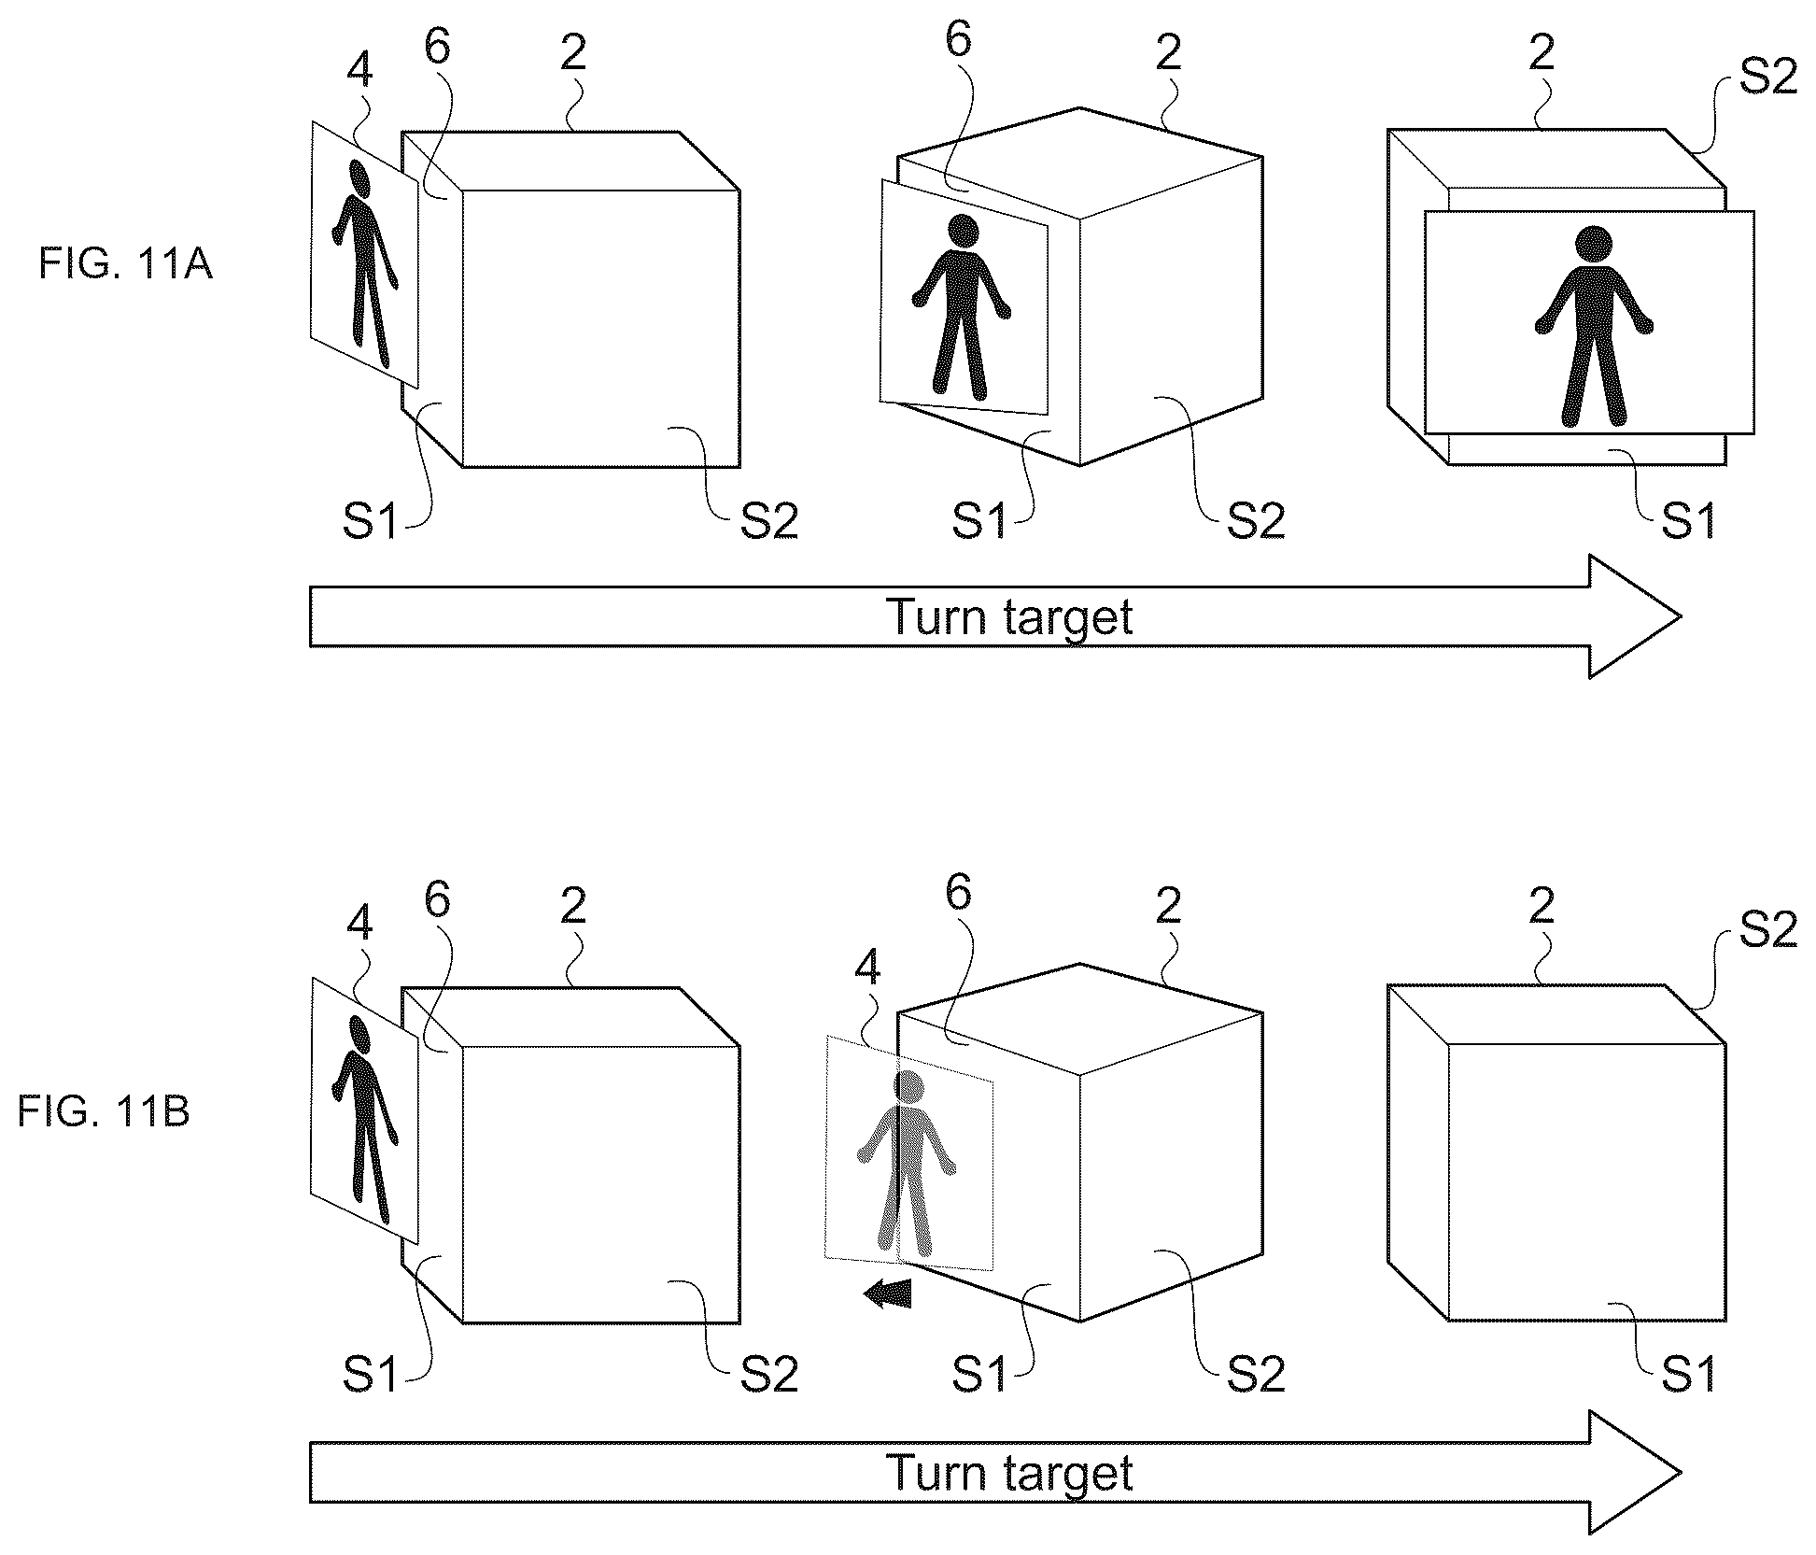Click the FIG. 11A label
click(x=125, y=265)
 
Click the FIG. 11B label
click(x=104, y=1112)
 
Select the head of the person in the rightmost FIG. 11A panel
click(x=1593, y=245)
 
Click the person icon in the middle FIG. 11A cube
click(x=962, y=304)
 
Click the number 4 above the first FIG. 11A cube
click(x=359, y=69)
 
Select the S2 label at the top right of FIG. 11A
click(x=1768, y=75)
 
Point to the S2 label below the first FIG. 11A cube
click(x=769, y=520)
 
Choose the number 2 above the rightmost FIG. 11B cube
click(x=1541, y=906)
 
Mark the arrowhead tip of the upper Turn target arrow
click(x=1681, y=616)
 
